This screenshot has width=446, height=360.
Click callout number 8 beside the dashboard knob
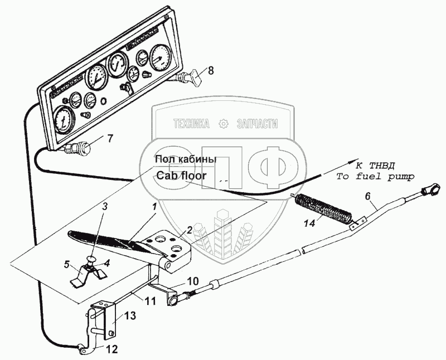tap(210, 71)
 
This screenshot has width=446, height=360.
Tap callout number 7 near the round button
tap(110, 139)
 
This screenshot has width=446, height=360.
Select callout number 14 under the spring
tap(309, 223)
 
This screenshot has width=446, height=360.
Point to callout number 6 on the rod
tap(368, 196)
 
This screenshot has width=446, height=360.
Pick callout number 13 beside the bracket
tap(130, 315)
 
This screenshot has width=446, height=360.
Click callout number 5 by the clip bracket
tap(66, 265)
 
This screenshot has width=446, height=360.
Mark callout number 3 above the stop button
tap(105, 207)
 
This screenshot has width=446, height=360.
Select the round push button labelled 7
tap(80, 148)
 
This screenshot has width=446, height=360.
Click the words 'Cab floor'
tap(181, 176)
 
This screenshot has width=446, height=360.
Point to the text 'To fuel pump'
tap(375, 177)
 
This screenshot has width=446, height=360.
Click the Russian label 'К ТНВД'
tap(375, 165)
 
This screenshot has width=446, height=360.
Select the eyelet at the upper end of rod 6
tap(428, 189)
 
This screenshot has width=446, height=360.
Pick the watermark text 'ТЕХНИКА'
tap(191, 124)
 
